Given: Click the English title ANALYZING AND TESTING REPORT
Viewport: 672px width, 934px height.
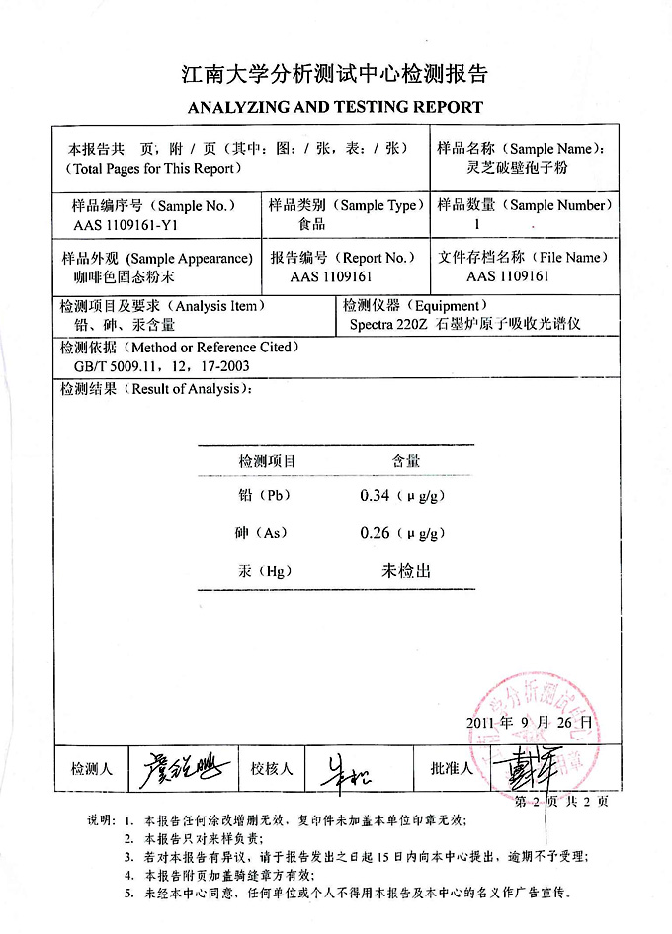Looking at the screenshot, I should pos(335,107).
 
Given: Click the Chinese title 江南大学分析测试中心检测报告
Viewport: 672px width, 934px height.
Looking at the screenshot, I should pos(335,74).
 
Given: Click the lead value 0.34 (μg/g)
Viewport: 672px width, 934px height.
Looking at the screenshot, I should pos(400,496).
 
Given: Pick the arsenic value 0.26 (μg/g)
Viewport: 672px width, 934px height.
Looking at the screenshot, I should pos(400,533).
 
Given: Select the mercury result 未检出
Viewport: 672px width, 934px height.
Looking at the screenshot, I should pos(406,571).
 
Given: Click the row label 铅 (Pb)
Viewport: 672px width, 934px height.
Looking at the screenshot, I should pos(264,496).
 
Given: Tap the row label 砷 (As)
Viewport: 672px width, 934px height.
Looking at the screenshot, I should pos(262,533).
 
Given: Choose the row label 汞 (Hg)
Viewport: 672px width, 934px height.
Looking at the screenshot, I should pos(263,571).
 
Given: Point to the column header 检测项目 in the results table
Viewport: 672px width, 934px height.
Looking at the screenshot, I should pos(267,461).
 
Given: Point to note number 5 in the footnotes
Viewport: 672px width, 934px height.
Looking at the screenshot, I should pos(129,893).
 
